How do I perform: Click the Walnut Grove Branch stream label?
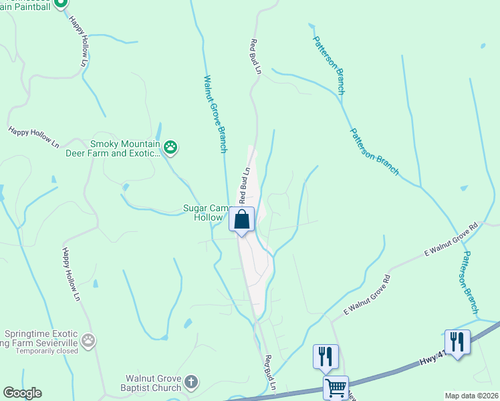click(216, 114)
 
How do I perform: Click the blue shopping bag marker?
click(242, 219)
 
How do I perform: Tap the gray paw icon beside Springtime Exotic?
click(88, 341)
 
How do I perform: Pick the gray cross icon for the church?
click(191, 383)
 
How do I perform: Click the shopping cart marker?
click(336, 388)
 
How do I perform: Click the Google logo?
click(22, 393)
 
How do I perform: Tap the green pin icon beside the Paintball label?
click(60, 3)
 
